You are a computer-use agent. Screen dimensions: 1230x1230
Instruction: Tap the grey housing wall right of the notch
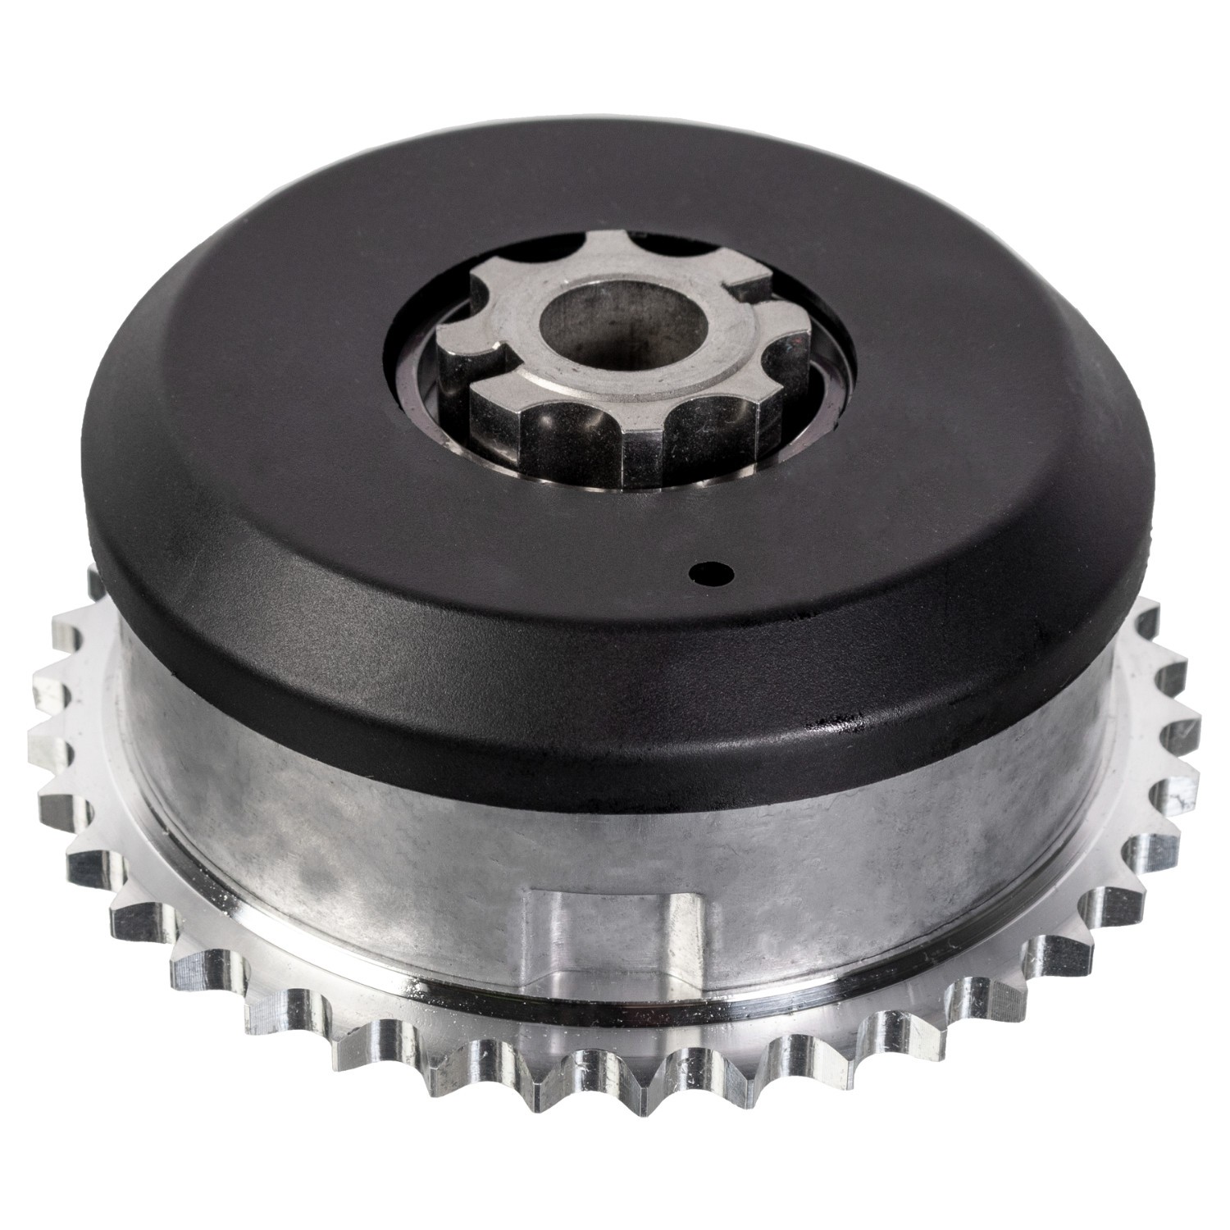(902, 836)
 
